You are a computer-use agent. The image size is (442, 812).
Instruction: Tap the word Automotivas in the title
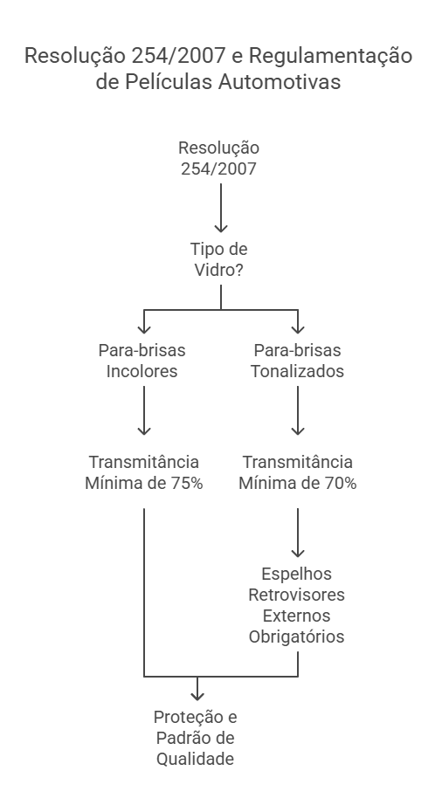tap(280, 82)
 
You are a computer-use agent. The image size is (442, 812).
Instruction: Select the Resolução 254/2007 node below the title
tap(218, 158)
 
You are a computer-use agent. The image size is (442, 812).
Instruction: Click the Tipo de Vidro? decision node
tap(218, 259)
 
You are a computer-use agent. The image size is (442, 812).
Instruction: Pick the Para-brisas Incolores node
tap(142, 361)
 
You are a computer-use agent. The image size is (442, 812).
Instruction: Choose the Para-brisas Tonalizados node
tap(297, 361)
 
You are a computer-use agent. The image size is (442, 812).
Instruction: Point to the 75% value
tap(187, 483)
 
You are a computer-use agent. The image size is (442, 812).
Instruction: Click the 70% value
tap(341, 483)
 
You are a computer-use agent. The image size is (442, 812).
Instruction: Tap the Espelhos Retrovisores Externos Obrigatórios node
tap(296, 605)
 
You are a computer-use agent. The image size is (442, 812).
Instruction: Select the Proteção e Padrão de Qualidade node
tap(196, 738)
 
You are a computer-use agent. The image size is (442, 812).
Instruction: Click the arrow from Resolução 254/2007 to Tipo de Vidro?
tap(221, 208)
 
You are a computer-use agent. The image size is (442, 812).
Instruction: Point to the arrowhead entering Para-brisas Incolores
tap(144, 329)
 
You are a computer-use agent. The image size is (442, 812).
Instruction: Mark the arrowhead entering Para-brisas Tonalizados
tap(298, 329)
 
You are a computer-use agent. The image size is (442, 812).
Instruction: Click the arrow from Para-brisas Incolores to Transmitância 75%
tap(144, 410)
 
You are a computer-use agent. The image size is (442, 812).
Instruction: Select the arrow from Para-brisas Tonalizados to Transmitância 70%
tap(298, 410)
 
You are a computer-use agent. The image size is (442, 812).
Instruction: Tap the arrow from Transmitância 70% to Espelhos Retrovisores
tap(298, 533)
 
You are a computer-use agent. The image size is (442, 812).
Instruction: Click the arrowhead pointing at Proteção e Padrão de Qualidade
tap(197, 696)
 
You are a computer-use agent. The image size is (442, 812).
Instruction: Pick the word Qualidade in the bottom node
tap(196, 760)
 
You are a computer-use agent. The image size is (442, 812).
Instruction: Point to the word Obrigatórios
tap(296, 637)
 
